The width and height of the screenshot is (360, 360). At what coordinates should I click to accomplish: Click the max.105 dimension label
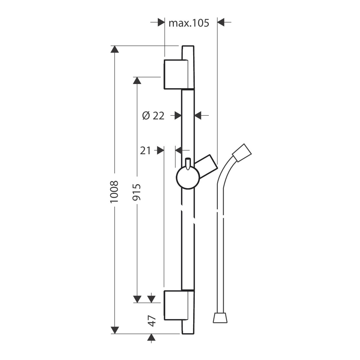pos(189,23)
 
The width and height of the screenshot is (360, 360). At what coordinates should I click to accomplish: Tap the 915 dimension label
pos(136,192)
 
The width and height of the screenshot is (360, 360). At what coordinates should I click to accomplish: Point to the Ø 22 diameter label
pos(153,116)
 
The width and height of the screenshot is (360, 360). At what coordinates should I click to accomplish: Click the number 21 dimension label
pos(145,151)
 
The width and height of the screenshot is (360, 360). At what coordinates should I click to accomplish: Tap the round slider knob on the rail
pos(188,178)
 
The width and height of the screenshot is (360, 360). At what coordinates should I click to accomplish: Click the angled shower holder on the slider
pos(206,166)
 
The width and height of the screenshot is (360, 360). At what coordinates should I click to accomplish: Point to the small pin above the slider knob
pos(188,164)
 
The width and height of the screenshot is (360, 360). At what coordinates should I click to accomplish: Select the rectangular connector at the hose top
pos(242,153)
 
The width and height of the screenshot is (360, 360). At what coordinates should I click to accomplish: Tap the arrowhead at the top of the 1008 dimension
pos(115,49)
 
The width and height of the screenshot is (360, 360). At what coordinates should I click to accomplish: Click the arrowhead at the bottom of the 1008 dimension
pos(115,330)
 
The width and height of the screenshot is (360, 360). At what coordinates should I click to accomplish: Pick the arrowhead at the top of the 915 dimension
pos(137,80)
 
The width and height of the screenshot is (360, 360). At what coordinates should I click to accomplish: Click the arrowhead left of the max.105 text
pos(161,22)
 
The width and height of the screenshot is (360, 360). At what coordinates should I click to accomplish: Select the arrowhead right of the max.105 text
pos(221,22)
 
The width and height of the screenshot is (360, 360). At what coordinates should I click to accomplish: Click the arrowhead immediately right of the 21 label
pos(160,150)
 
